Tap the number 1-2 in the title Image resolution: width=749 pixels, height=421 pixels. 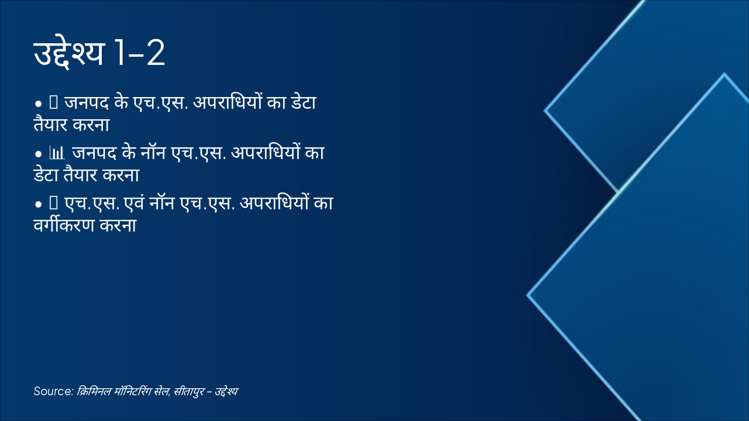(x=139, y=54)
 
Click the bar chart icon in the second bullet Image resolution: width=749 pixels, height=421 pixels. (x=57, y=154)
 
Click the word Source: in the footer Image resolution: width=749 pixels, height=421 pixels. (x=53, y=391)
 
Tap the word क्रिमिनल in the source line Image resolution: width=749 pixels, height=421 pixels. (x=92, y=391)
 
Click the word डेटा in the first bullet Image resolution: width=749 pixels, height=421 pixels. (x=301, y=103)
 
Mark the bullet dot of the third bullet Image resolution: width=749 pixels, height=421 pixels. (x=38, y=205)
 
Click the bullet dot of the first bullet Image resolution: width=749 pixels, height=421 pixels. (x=38, y=104)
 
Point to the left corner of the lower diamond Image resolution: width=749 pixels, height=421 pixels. (x=528, y=295)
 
